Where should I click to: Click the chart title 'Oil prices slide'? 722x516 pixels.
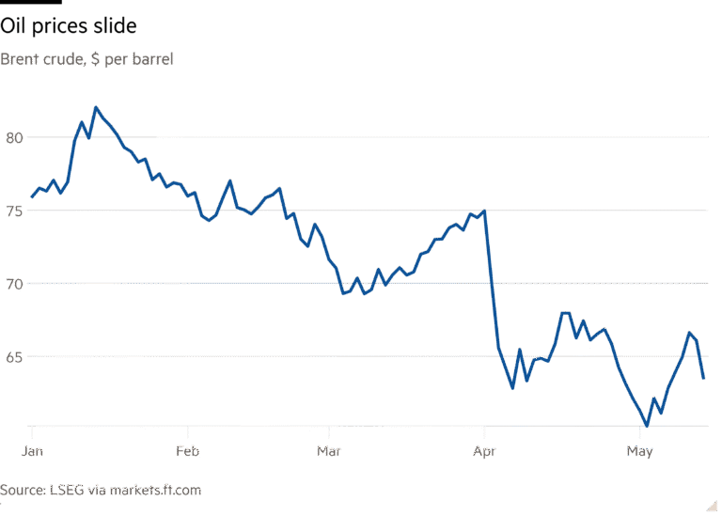point(69,26)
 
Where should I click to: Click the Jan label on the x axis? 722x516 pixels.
point(33,451)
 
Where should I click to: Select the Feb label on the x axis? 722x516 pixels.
point(189,451)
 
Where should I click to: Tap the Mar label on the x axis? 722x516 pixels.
point(329,451)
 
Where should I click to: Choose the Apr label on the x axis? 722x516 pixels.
point(484,451)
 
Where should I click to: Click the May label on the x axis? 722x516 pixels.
point(640,451)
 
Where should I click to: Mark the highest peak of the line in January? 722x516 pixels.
point(95,107)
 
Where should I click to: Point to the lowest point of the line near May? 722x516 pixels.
point(647,427)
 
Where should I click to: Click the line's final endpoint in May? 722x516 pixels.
point(704,379)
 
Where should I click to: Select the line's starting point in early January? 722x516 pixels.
point(31,197)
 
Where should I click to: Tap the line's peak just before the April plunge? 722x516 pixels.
point(484,210)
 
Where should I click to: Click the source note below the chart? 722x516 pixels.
point(101,490)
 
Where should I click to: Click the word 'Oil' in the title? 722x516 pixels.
point(12,26)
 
